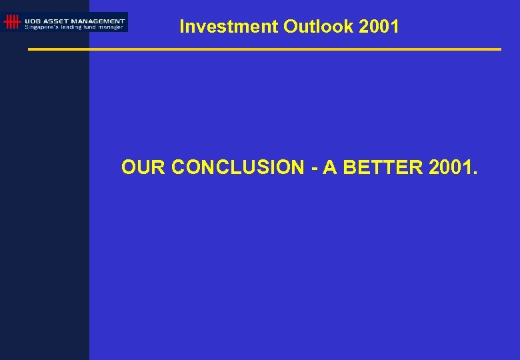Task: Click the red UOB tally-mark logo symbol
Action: pyautogui.click(x=11, y=22)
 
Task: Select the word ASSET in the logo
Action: pyautogui.click(x=58, y=20)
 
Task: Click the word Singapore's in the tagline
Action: pyautogui.click(x=41, y=27)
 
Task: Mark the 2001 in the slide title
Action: pyautogui.click(x=379, y=27)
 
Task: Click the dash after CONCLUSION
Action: pyautogui.click(x=313, y=168)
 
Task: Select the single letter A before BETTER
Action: pyautogui.click(x=329, y=167)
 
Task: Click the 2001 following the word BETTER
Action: pyautogui.click(x=450, y=167)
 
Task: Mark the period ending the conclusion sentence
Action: pyautogui.click(x=475, y=173)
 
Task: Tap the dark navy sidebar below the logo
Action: pyautogui.click(x=44, y=200)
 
